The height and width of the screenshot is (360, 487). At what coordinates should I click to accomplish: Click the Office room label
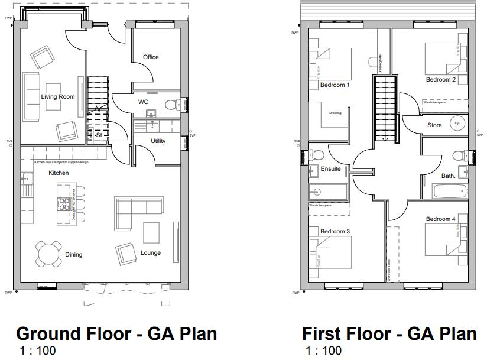tap(151, 57)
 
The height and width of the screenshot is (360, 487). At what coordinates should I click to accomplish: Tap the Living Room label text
tap(58, 96)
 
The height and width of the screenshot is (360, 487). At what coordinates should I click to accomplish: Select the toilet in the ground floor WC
tap(171, 105)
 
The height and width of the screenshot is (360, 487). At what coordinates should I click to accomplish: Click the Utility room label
tap(158, 141)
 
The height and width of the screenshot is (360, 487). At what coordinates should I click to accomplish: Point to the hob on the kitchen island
tap(64, 204)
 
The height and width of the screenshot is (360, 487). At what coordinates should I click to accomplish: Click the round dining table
tap(48, 254)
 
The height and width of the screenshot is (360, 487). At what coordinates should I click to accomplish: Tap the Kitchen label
tap(59, 173)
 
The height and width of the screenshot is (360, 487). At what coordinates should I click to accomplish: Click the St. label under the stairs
tap(99, 135)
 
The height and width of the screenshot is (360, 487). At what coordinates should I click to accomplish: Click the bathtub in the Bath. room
tap(449, 191)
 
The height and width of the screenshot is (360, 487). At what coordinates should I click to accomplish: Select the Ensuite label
tap(330, 169)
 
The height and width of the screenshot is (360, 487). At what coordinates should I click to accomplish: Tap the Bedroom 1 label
tap(335, 85)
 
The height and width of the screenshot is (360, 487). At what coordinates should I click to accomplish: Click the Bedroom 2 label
tap(440, 80)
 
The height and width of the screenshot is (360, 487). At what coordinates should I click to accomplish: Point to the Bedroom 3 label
tap(335, 231)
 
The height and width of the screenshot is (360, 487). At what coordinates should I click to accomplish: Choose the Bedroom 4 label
tap(440, 219)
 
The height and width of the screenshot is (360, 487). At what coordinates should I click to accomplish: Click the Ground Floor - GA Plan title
tap(116, 333)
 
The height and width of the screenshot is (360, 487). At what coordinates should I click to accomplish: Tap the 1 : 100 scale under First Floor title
tap(323, 351)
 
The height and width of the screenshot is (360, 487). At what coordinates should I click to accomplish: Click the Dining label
tap(74, 255)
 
